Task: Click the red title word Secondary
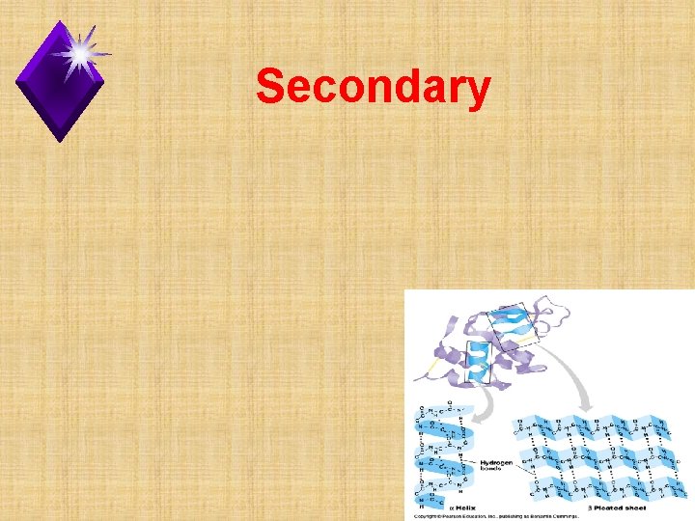pyautogui.click(x=373, y=88)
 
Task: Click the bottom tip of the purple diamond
pyautogui.click(x=60, y=141)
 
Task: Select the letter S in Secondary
pyautogui.click(x=271, y=88)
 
